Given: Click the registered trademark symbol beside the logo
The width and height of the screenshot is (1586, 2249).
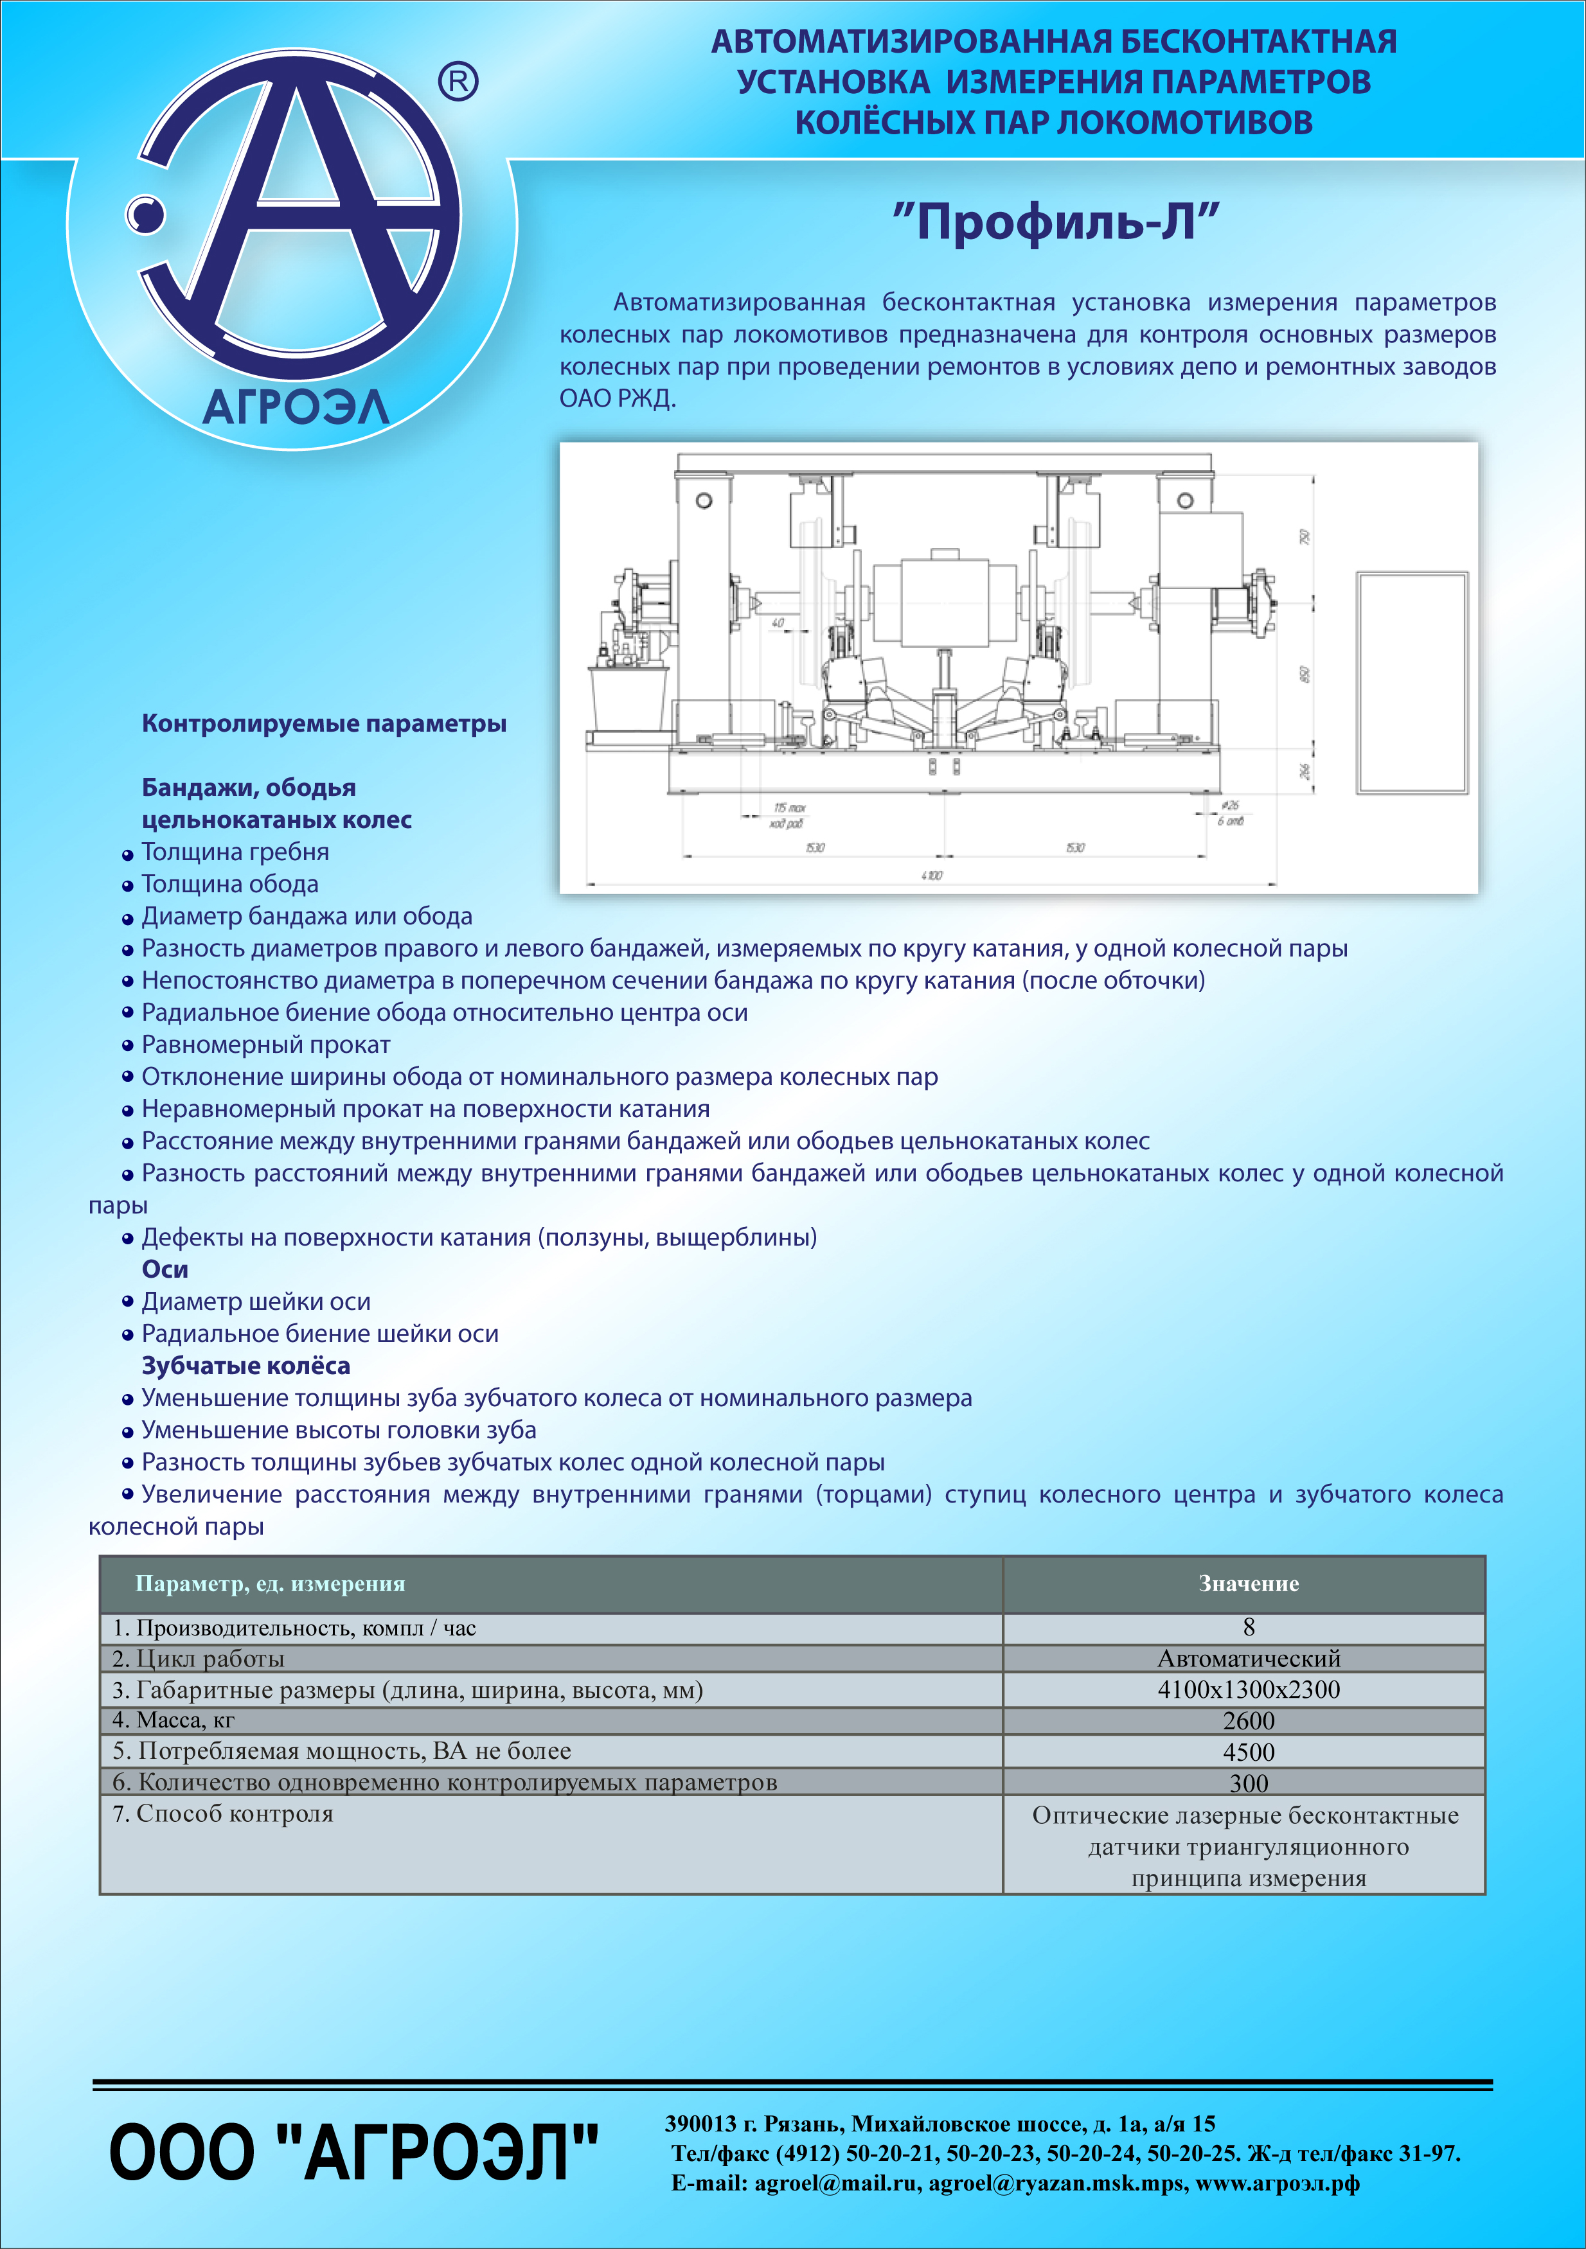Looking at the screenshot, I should pyautogui.click(x=458, y=82).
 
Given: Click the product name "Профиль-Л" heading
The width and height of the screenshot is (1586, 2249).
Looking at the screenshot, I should pyautogui.click(x=1055, y=222).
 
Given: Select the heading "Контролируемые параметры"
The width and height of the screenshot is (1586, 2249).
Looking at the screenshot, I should pyautogui.click(x=325, y=724).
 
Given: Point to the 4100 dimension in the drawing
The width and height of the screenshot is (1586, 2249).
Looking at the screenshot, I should pyautogui.click(x=932, y=876).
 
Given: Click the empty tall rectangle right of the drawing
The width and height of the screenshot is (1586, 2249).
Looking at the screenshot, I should pyautogui.click(x=1412, y=683).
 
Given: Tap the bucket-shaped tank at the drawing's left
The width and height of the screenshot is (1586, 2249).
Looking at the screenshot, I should pyautogui.click(x=628, y=698).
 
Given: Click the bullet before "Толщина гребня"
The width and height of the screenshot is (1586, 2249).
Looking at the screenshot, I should pyautogui.click(x=127, y=854).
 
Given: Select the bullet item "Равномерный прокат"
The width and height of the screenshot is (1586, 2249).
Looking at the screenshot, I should pyautogui.click(x=265, y=1045).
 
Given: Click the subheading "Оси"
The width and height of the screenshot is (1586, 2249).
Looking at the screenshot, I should pyautogui.click(x=165, y=1269).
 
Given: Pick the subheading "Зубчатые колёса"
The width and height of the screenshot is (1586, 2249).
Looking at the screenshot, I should pyautogui.click(x=246, y=1366).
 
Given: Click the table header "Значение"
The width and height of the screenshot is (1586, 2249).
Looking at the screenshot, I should pyautogui.click(x=1248, y=1584).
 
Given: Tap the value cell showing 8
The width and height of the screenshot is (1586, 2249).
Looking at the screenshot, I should pyautogui.click(x=1248, y=1627).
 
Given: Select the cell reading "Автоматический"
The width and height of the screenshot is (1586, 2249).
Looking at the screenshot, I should pyautogui.click(x=1248, y=1659).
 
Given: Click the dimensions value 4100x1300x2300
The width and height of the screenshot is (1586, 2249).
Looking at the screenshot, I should pyautogui.click(x=1248, y=1689).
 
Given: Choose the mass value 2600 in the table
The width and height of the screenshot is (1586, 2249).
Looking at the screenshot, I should pyautogui.click(x=1248, y=1721).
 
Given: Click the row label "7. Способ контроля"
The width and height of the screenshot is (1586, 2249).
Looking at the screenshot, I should pyautogui.click(x=224, y=1814).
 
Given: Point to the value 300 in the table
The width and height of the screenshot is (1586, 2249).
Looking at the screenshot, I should pyautogui.click(x=1248, y=1783).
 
